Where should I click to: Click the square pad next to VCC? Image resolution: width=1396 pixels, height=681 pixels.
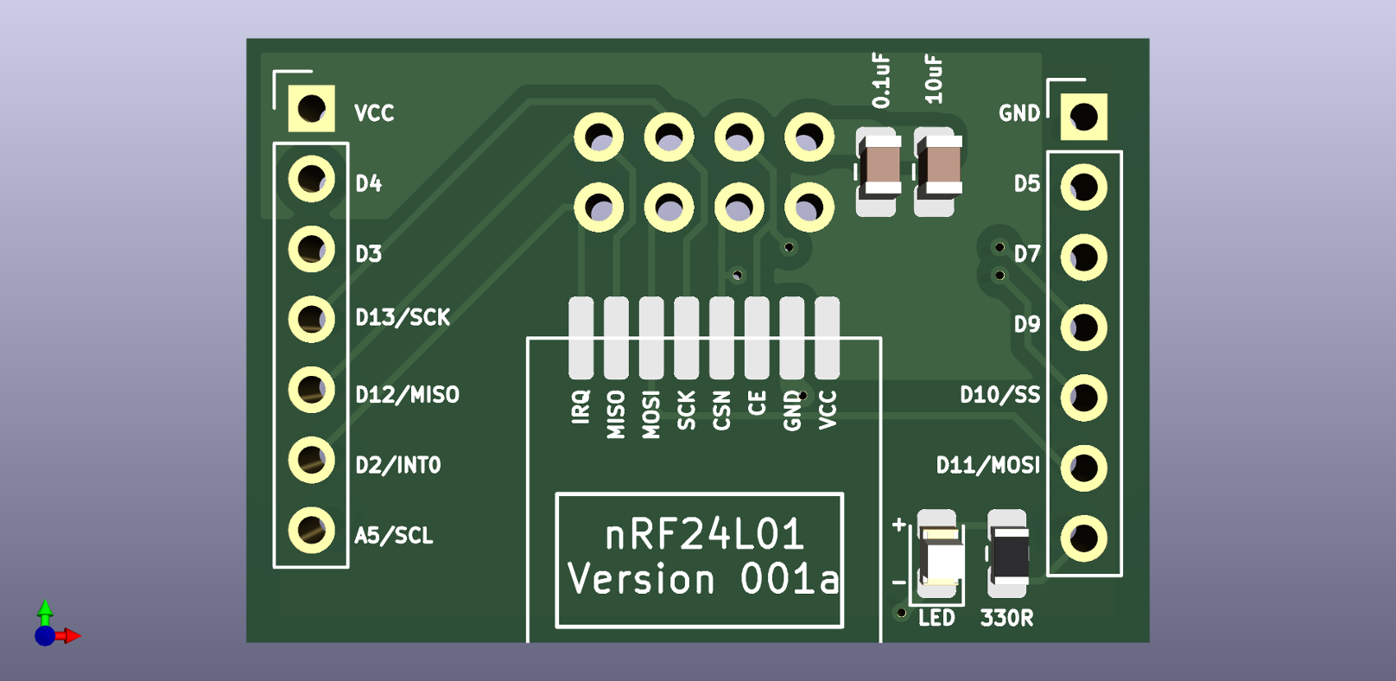(x=311, y=109)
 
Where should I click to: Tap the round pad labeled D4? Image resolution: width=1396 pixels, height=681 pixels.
(x=311, y=180)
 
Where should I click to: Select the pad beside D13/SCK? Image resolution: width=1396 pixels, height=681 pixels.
(x=311, y=320)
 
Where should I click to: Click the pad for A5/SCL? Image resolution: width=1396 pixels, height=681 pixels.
(x=311, y=531)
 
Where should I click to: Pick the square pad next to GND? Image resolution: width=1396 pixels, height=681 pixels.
(x=1083, y=116)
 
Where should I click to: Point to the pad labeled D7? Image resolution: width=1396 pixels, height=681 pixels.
(x=1083, y=258)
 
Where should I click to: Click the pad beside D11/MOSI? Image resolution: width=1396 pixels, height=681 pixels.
(x=1083, y=468)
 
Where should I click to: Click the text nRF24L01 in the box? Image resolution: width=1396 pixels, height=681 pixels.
(x=704, y=535)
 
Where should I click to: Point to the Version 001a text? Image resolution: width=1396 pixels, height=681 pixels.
(x=703, y=580)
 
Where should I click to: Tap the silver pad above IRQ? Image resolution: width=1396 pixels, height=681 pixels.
(x=581, y=338)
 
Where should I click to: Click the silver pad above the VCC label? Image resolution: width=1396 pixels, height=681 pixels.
(x=827, y=338)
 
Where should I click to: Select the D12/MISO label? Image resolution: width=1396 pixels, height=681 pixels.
(x=407, y=395)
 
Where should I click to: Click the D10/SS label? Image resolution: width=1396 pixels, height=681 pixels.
(x=999, y=395)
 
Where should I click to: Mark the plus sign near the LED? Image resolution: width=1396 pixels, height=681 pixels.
(x=899, y=524)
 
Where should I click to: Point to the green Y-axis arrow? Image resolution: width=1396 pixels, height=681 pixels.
(x=45, y=609)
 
